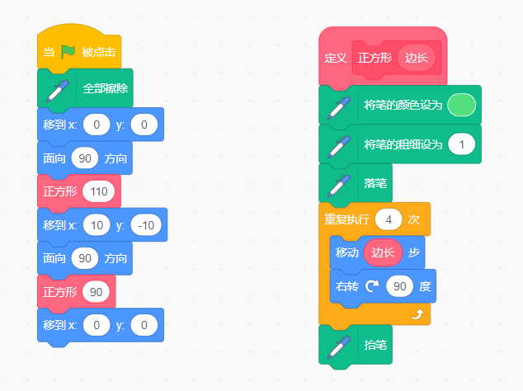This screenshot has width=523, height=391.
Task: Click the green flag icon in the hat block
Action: [68, 53]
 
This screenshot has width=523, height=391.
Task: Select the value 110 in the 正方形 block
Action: [101, 191]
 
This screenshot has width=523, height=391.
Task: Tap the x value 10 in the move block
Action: [96, 225]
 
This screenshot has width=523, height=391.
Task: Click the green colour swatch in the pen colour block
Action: [460, 105]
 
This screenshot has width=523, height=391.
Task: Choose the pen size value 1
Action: [461, 144]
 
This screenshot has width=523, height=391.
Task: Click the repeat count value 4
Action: [388, 219]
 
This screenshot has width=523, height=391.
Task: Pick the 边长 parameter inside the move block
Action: [383, 252]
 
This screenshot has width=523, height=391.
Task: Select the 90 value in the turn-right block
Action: [400, 286]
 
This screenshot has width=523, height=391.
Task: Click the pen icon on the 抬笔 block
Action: [337, 346]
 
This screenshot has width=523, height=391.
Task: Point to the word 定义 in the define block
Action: [335, 59]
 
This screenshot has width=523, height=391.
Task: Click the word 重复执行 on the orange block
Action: [346, 220]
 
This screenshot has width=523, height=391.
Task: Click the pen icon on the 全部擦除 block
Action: [57, 88]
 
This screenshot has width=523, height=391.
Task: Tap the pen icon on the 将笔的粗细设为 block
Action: [337, 145]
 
